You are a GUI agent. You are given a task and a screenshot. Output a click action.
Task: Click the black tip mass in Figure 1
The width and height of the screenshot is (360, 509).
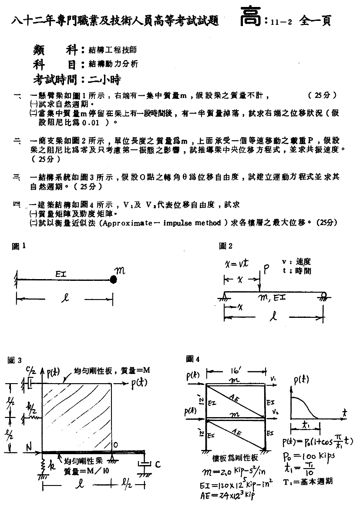coord(113,279)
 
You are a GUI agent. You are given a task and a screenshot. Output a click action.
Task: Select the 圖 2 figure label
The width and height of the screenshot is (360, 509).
coord(225,246)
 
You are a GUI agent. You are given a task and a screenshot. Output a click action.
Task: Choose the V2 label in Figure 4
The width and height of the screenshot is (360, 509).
coord(274,411)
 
